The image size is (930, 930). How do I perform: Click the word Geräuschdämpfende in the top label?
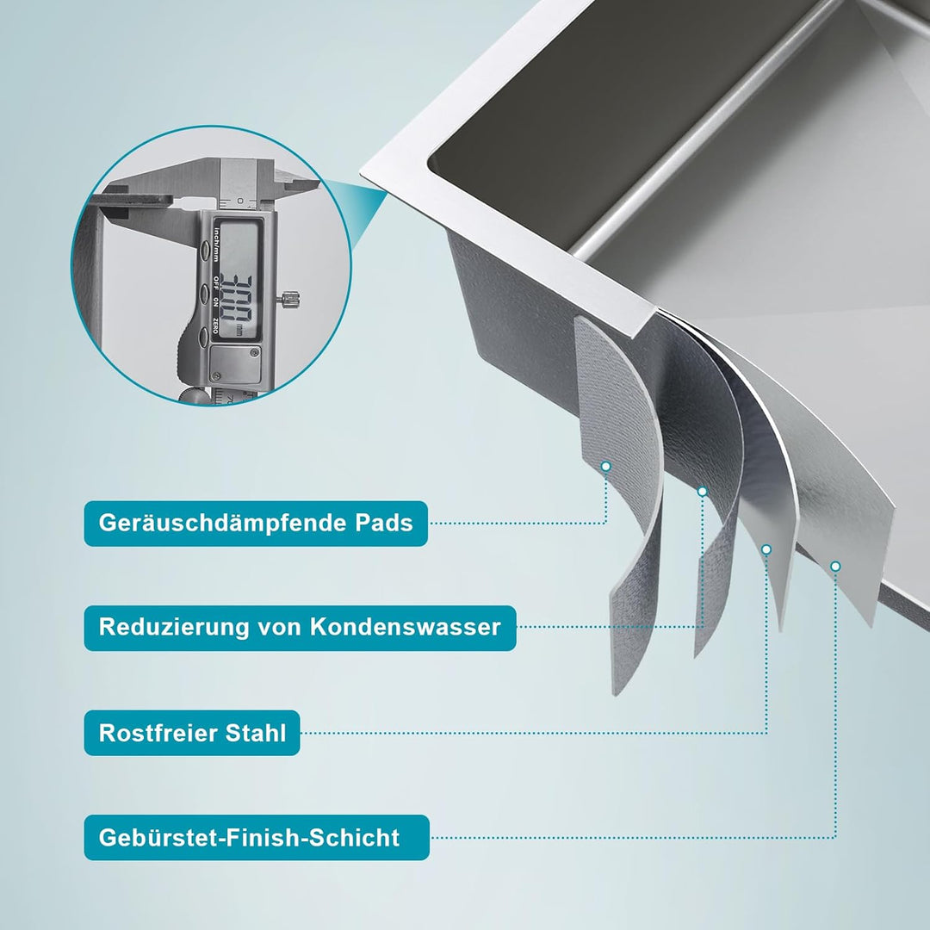223,523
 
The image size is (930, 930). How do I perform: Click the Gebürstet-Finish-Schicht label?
256,837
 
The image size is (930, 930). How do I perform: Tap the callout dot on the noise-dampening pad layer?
605,466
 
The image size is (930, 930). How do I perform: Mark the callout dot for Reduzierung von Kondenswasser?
702,491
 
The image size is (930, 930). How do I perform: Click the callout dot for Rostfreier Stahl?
766,549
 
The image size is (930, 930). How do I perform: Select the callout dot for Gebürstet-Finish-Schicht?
834,566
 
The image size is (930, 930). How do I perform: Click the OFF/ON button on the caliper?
205,294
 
